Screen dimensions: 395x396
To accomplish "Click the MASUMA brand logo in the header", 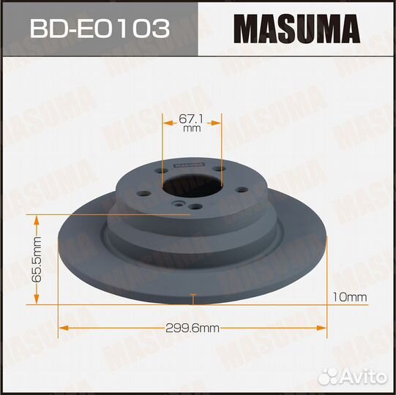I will pyautogui.click(x=296, y=29).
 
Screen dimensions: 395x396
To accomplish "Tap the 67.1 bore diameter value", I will pyautogui.click(x=192, y=116).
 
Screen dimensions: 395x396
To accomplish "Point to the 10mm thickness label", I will pyautogui.click(x=349, y=297).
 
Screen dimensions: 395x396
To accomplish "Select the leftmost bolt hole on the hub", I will pyautogui.click(x=143, y=193).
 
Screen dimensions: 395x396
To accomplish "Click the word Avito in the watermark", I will pyautogui.click(x=366, y=375).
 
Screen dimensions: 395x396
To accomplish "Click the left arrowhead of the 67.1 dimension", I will pyautogui.click(x=165, y=123).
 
